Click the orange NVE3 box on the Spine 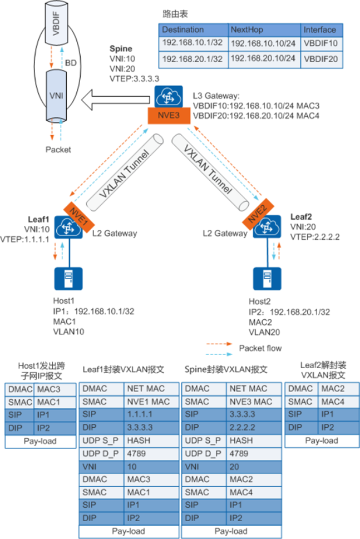point(169,116)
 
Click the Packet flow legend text point(260,348)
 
